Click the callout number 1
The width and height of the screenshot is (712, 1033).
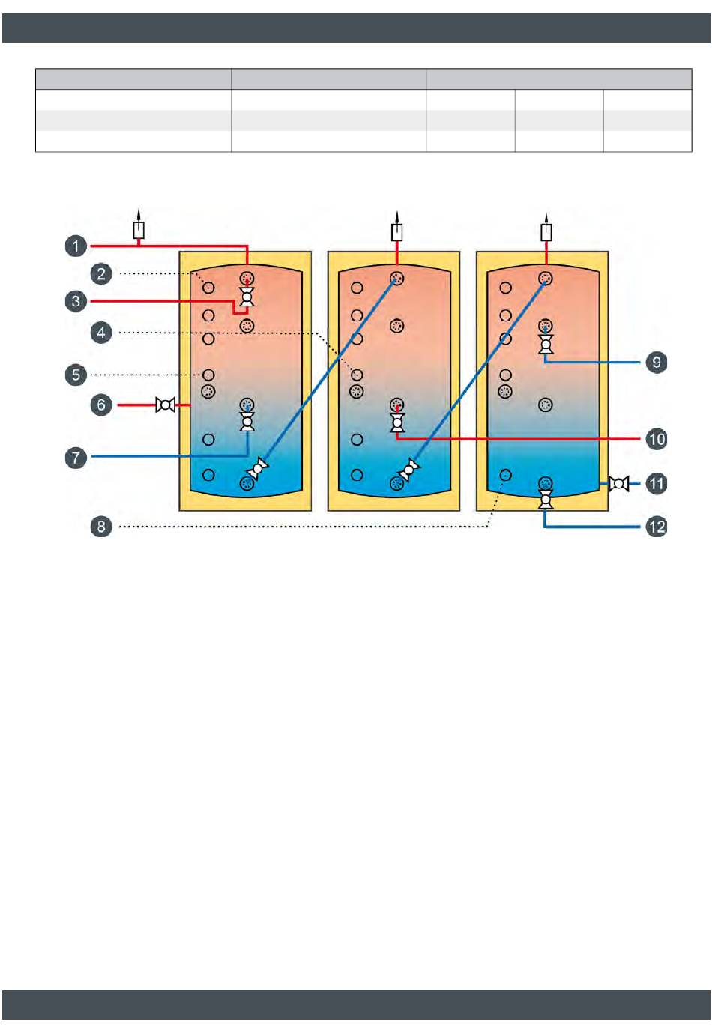[x=76, y=246]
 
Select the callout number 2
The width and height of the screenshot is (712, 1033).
[x=102, y=273]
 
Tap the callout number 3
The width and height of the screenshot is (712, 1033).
[x=76, y=301]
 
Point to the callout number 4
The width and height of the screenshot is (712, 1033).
[x=102, y=332]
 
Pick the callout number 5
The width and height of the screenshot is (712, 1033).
[x=76, y=375]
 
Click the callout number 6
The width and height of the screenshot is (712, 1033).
[x=102, y=405]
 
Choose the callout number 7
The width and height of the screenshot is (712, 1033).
[x=76, y=457]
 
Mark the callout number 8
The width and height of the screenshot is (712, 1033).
[x=102, y=527]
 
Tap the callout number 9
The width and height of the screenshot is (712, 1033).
[x=657, y=363]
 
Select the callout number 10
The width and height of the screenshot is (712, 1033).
[x=657, y=439]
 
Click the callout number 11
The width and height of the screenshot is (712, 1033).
[x=657, y=483]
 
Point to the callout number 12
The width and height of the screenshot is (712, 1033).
[x=657, y=527]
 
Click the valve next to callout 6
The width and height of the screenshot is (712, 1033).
[x=165, y=405]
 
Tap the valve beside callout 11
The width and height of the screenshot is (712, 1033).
[x=619, y=484]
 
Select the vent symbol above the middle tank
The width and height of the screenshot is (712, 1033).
[x=397, y=231]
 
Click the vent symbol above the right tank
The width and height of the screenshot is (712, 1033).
[x=546, y=231]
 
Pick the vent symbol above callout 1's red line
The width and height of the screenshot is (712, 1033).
[x=139, y=228]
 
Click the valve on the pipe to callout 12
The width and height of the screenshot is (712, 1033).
[x=546, y=498]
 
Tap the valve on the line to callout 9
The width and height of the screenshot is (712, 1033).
[x=546, y=344]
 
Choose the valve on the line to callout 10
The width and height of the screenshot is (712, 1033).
[x=397, y=422]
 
